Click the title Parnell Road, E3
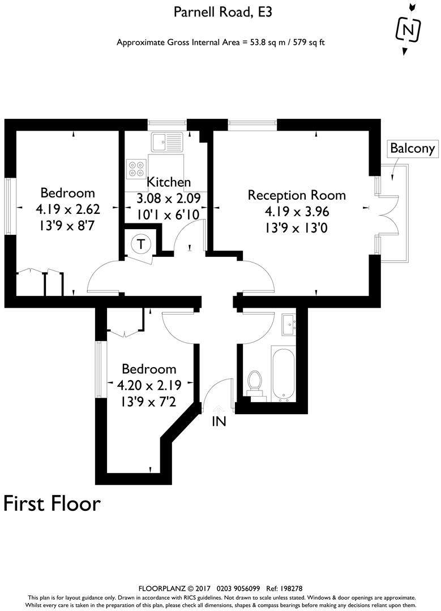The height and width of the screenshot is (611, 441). [x=220, y=12]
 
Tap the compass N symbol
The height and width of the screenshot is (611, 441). [x=409, y=29]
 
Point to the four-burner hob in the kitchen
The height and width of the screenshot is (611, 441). [x=136, y=169]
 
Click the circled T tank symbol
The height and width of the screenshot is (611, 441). [x=140, y=245]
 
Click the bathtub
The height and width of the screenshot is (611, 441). [x=282, y=373]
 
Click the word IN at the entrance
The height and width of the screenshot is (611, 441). [x=219, y=421]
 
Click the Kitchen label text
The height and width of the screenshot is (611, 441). [x=169, y=183]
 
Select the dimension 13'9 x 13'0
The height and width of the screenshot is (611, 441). [x=297, y=228]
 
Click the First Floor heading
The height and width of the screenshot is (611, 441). [x=52, y=503]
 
